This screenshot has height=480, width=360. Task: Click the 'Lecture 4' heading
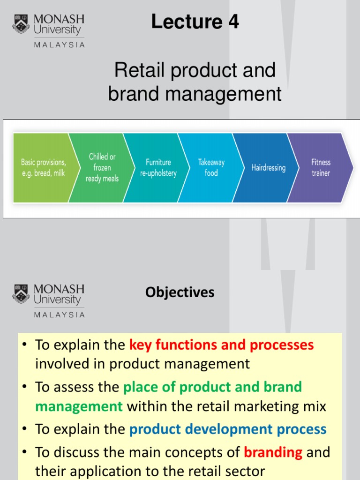[195, 22]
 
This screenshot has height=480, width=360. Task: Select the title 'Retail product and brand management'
[195, 82]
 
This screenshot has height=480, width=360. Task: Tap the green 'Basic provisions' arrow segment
[42, 168]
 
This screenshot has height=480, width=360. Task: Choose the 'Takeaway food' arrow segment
[211, 168]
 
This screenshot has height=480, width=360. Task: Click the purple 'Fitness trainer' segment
[321, 168]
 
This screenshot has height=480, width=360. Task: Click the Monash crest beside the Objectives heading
[21, 294]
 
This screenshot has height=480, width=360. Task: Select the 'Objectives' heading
[180, 292]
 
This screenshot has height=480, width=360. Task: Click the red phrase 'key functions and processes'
[221, 345]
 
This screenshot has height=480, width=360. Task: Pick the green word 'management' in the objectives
[79, 406]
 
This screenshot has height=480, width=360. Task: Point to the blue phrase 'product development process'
[228, 429]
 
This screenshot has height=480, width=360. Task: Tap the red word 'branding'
[273, 452]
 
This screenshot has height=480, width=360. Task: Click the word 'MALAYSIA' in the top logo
[60, 45]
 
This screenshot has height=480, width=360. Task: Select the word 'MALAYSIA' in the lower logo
[60, 315]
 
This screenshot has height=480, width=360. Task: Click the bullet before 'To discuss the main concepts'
[26, 453]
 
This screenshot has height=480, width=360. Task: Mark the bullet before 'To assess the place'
[26, 388]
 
